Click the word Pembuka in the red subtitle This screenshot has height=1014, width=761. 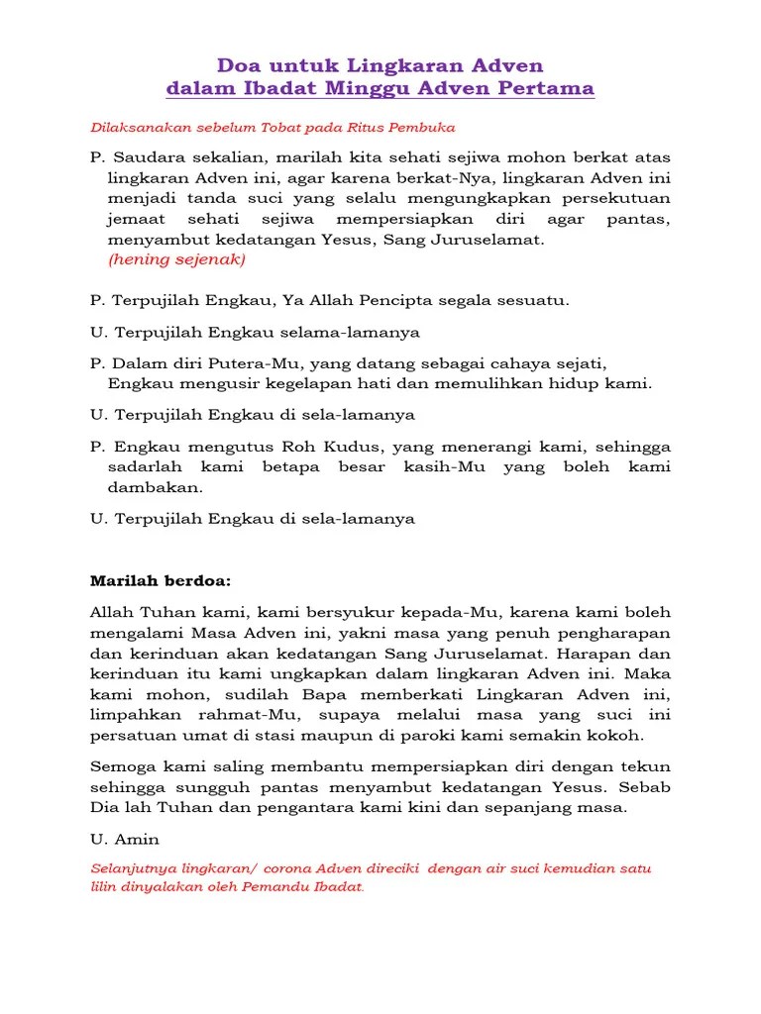click(x=423, y=128)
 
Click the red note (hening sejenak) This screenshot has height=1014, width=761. click(x=176, y=259)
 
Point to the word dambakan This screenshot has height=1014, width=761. click(x=155, y=487)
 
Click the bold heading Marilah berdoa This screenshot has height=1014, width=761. click(x=160, y=580)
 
